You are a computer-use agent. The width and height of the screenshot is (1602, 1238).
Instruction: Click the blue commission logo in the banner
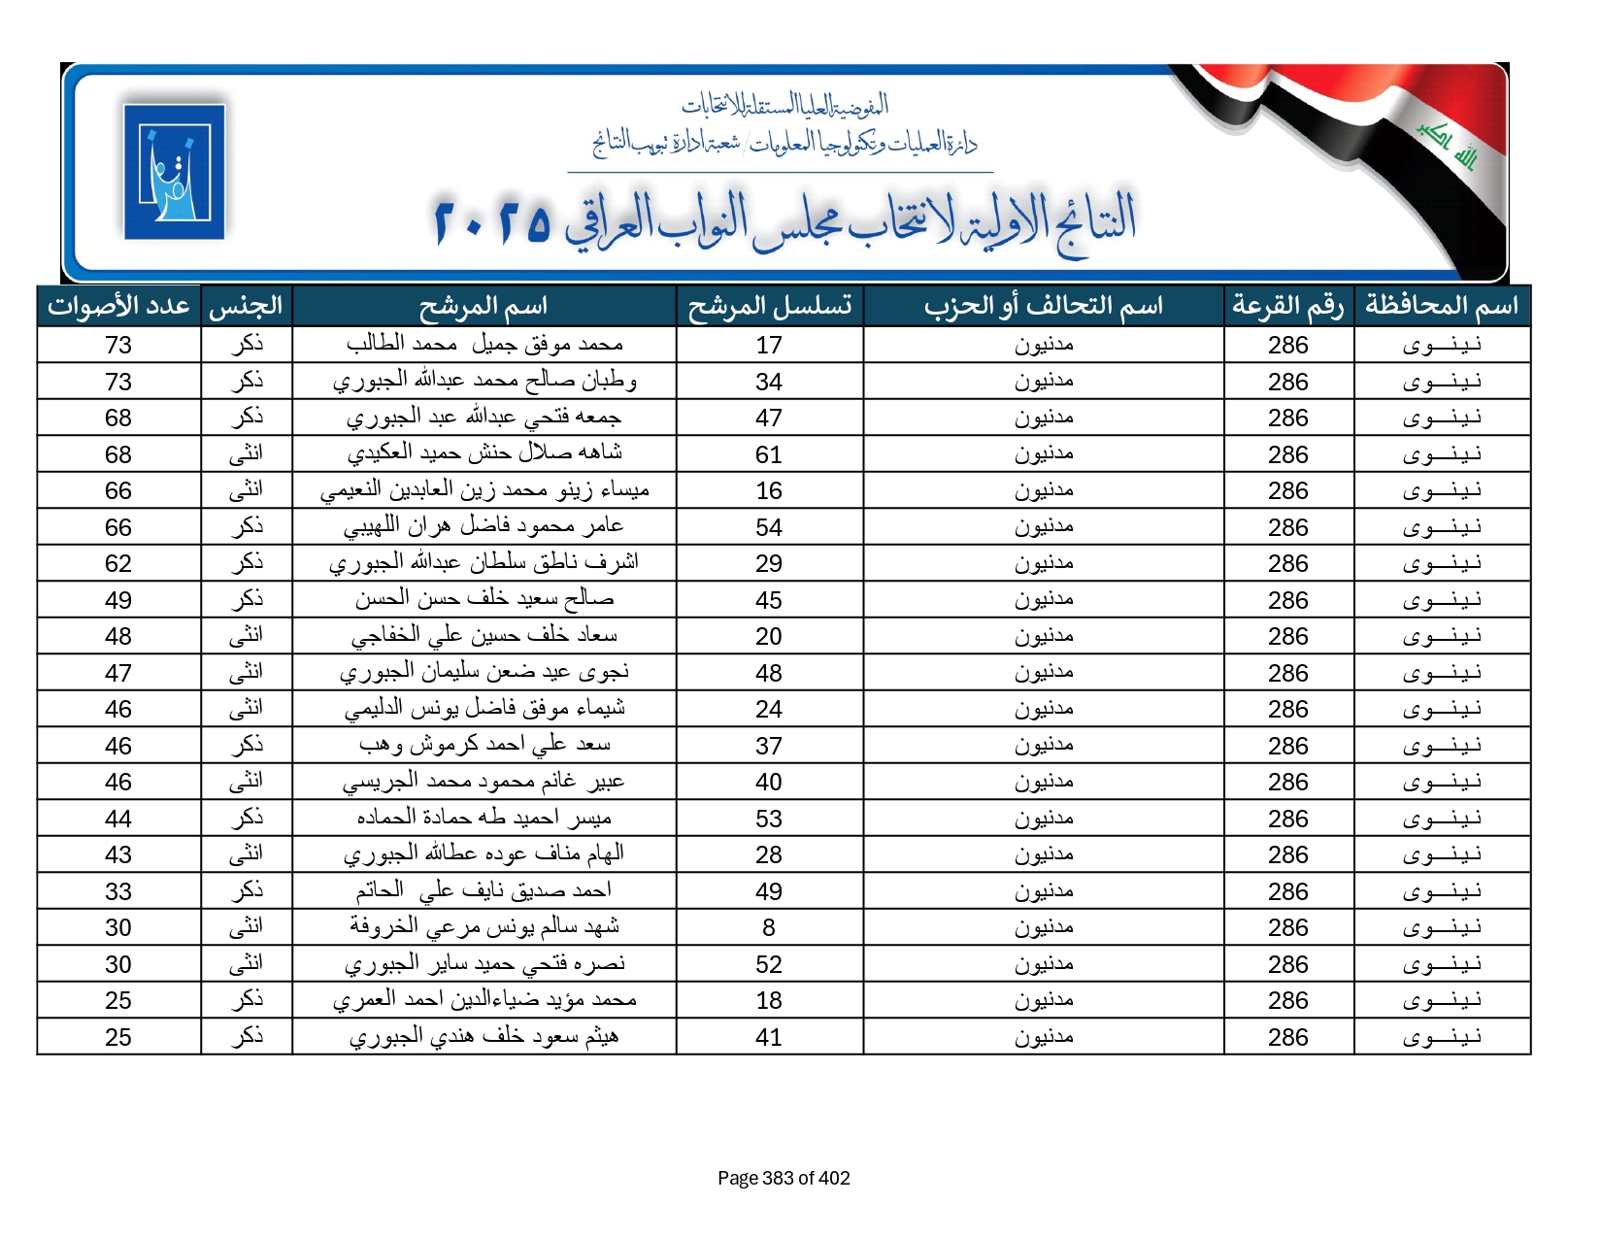(175, 172)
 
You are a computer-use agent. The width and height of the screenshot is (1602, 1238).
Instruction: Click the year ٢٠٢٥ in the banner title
(492, 221)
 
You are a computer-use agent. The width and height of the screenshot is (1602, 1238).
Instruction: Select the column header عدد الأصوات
(118, 306)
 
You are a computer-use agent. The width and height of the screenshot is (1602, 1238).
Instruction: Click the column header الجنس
(247, 306)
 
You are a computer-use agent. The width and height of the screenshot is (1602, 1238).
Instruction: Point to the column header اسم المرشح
(484, 306)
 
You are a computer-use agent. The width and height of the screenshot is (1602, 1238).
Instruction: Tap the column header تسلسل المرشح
(769, 306)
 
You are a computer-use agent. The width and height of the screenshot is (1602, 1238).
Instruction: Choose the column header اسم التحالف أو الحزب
(1043, 306)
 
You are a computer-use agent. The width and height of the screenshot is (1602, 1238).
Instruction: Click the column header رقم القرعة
(1288, 306)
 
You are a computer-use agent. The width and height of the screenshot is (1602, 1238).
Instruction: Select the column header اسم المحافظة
(1442, 306)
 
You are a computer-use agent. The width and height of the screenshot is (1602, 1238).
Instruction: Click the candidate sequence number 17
(769, 346)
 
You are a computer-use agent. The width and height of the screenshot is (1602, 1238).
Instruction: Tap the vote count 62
(118, 564)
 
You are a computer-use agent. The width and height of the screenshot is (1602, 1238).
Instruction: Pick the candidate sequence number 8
(769, 928)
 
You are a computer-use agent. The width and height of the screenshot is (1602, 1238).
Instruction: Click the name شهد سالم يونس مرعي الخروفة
(484, 927)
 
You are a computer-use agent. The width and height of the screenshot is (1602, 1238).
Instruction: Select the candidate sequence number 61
(769, 454)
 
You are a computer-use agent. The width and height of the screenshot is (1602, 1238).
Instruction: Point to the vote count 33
(118, 891)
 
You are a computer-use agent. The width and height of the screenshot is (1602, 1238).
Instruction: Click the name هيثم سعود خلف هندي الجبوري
(484, 1037)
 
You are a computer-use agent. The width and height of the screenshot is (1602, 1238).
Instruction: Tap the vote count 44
(118, 819)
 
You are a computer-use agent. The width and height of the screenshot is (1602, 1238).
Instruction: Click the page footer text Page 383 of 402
(784, 1178)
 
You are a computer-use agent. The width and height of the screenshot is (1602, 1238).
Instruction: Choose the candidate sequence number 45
(769, 600)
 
